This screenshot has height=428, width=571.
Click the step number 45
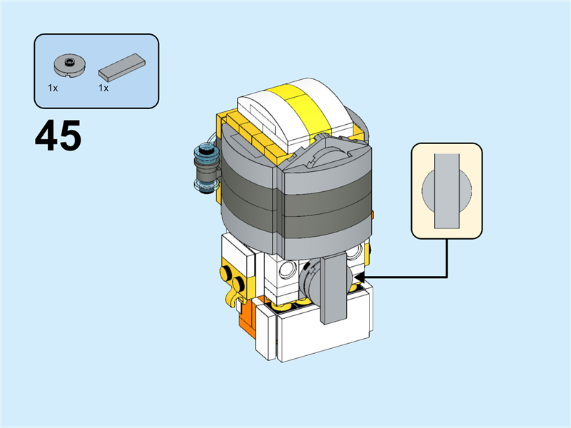click(x=58, y=136)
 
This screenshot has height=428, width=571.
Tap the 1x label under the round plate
click(x=53, y=88)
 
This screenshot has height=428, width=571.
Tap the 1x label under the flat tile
click(x=103, y=88)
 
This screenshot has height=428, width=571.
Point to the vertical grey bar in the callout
click(x=447, y=190)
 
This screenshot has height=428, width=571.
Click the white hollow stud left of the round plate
click(x=288, y=269)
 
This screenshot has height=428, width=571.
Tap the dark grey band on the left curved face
click(x=246, y=194)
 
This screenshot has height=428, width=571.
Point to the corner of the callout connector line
click(x=447, y=276)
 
